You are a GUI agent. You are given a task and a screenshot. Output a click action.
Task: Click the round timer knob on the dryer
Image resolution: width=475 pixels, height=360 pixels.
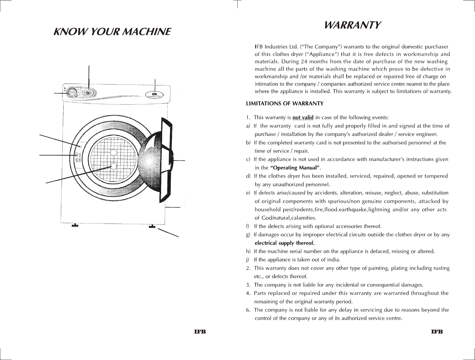[72, 93]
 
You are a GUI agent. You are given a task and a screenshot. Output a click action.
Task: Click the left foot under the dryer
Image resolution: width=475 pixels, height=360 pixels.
[75, 226]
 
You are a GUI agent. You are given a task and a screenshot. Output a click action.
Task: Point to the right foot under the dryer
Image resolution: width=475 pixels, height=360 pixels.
[152, 227]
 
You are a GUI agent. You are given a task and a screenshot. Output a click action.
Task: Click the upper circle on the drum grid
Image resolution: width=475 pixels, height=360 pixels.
[113, 152]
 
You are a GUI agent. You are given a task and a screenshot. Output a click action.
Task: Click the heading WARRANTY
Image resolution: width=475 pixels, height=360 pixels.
[353, 25]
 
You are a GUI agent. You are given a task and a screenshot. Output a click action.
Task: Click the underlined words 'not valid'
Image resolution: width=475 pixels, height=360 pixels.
[303, 118]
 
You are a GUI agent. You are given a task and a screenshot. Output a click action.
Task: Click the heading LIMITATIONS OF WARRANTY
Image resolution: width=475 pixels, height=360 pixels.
[284, 103]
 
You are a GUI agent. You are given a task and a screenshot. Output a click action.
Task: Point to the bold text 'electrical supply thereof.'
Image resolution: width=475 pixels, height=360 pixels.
[284, 243]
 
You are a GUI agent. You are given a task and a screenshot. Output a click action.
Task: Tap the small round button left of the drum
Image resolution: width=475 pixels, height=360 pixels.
[81, 147]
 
